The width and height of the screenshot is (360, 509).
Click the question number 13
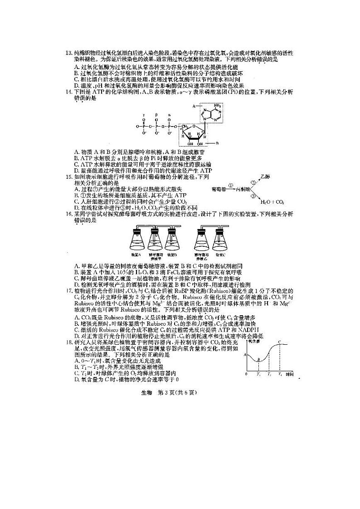point(69,59)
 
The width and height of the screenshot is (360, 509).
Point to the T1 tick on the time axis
point(258,374)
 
